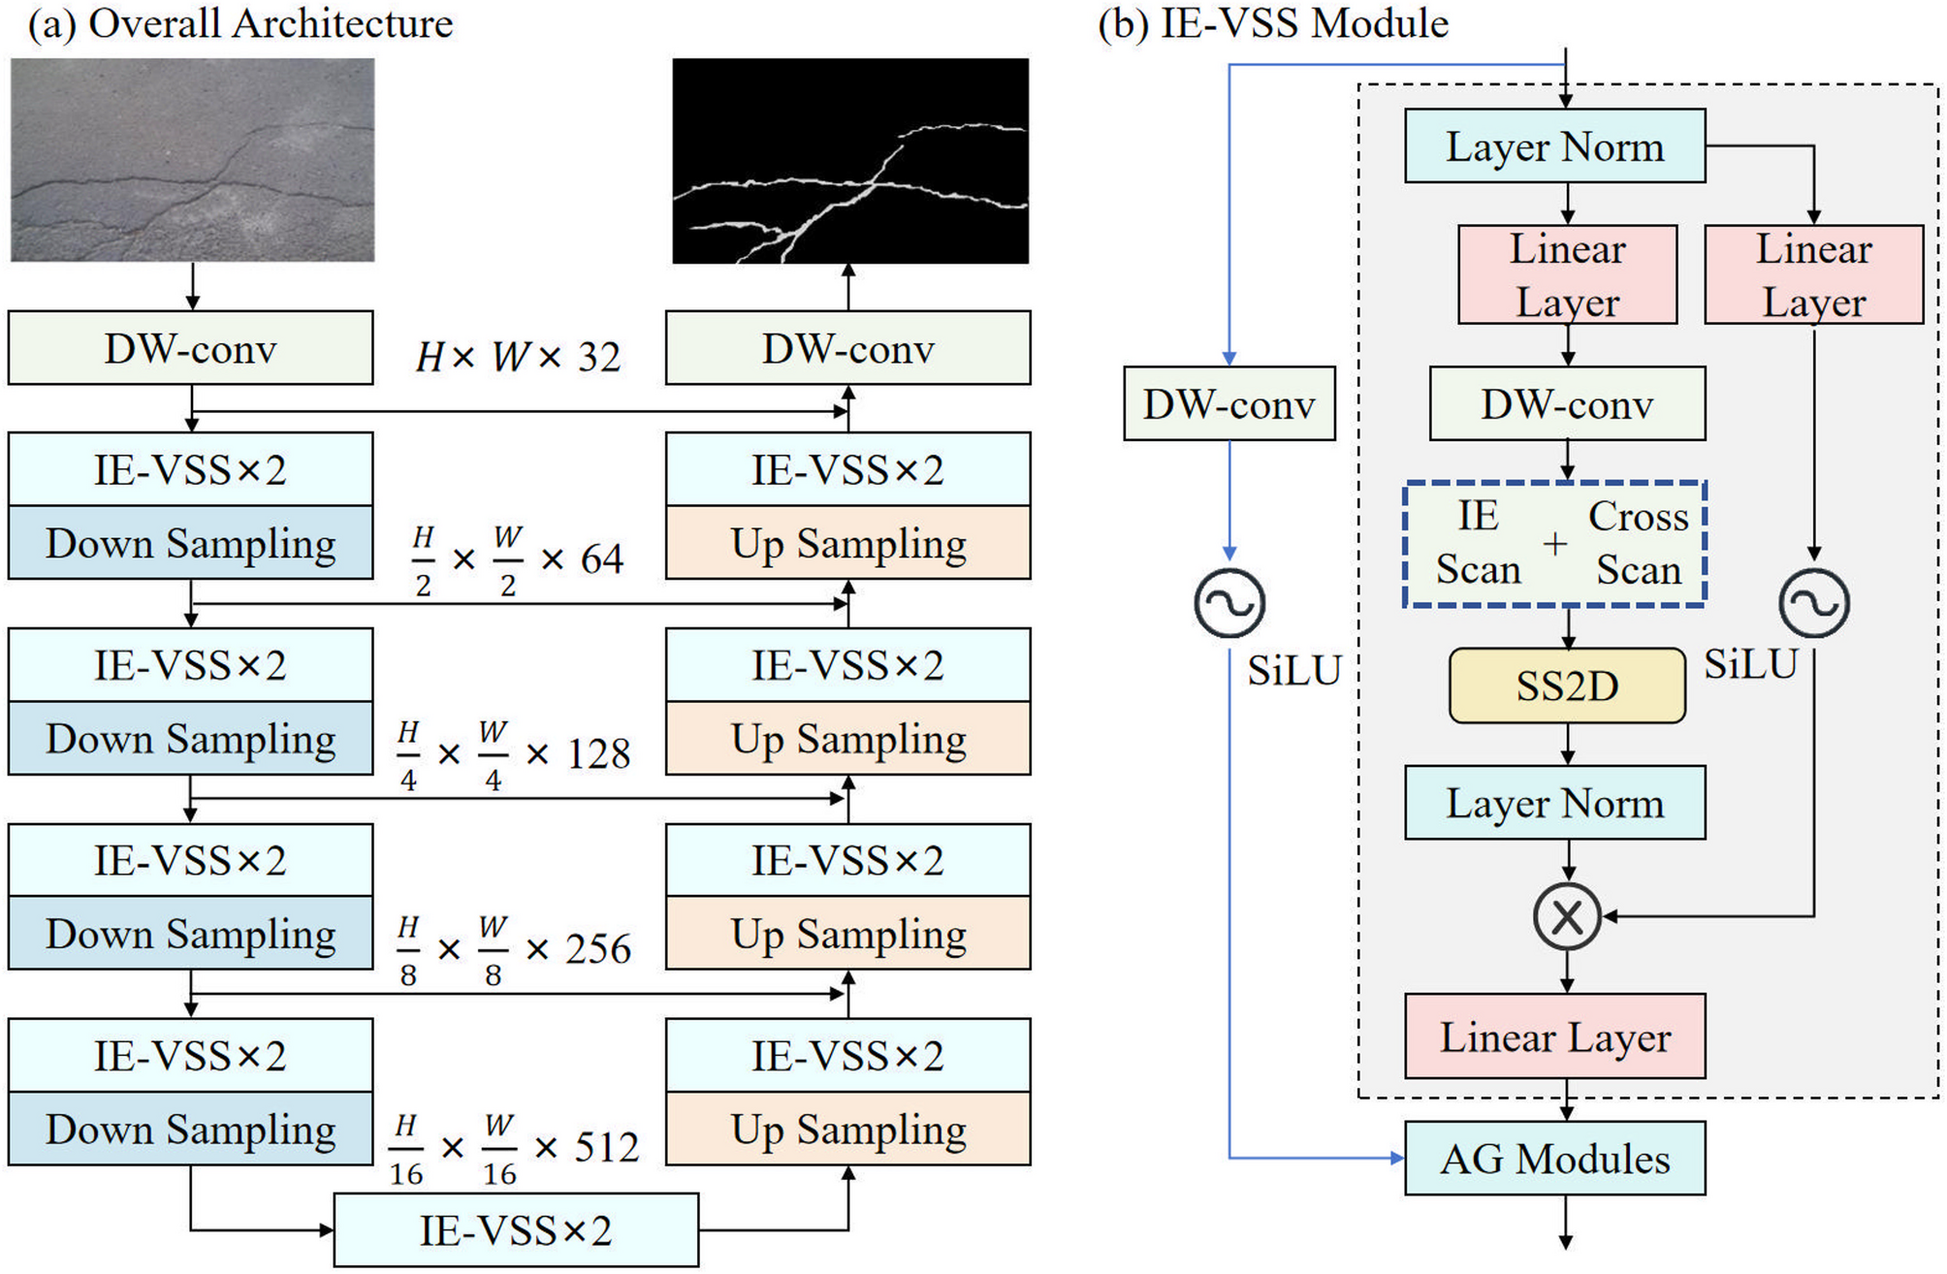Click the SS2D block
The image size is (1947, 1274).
coord(1566,685)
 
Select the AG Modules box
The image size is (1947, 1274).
coord(1554,1159)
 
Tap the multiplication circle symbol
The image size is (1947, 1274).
coord(1567,915)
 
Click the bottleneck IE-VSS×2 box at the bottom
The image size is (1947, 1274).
coord(516,1230)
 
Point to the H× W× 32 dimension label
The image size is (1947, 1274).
coord(518,357)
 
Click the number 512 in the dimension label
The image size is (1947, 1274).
coord(606,1148)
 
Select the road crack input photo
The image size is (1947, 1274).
coord(192,160)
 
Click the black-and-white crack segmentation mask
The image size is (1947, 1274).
coord(850,160)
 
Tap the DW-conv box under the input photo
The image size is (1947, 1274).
coord(191,348)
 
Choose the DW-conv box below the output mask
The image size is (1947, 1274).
coord(847,348)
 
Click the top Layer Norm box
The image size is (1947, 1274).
coord(1554,146)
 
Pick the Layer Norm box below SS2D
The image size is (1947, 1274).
coord(1554,803)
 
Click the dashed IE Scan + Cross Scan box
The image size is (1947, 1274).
coord(1554,544)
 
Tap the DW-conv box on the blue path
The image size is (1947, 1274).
coord(1229,404)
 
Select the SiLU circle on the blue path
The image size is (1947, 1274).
coord(1229,603)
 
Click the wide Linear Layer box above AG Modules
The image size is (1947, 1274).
coord(1554,1036)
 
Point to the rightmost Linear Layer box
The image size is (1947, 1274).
coord(1813,275)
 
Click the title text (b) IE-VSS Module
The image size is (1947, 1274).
coord(1273,23)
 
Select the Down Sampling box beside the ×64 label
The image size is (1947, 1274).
coord(191,543)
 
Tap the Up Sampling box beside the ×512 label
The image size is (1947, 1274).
coord(847,1130)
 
